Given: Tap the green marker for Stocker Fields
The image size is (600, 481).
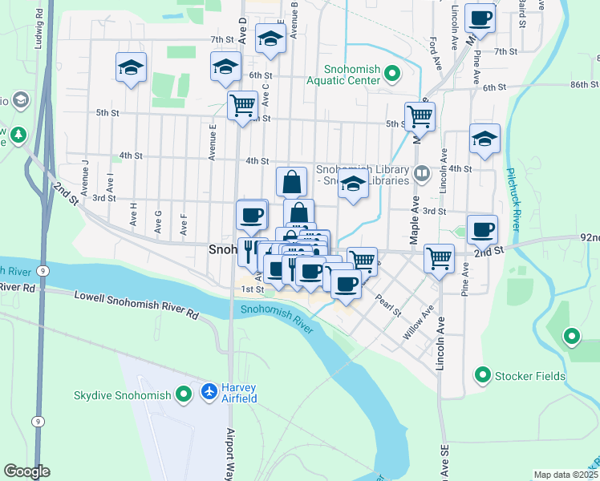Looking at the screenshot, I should [x=483, y=375].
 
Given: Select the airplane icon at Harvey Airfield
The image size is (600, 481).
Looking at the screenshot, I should [x=209, y=391].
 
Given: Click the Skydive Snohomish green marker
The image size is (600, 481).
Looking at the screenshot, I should [x=184, y=394].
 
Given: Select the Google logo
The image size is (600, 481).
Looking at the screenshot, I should [x=26, y=471].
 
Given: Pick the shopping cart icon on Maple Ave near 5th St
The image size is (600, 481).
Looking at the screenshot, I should [x=420, y=115].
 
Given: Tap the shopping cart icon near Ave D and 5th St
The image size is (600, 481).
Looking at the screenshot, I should [x=241, y=104].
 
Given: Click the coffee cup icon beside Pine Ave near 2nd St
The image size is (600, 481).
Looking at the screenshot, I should [x=482, y=228].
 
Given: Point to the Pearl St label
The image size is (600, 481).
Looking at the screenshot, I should [x=387, y=305].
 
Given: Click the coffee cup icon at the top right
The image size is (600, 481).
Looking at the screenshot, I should [x=480, y=17].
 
